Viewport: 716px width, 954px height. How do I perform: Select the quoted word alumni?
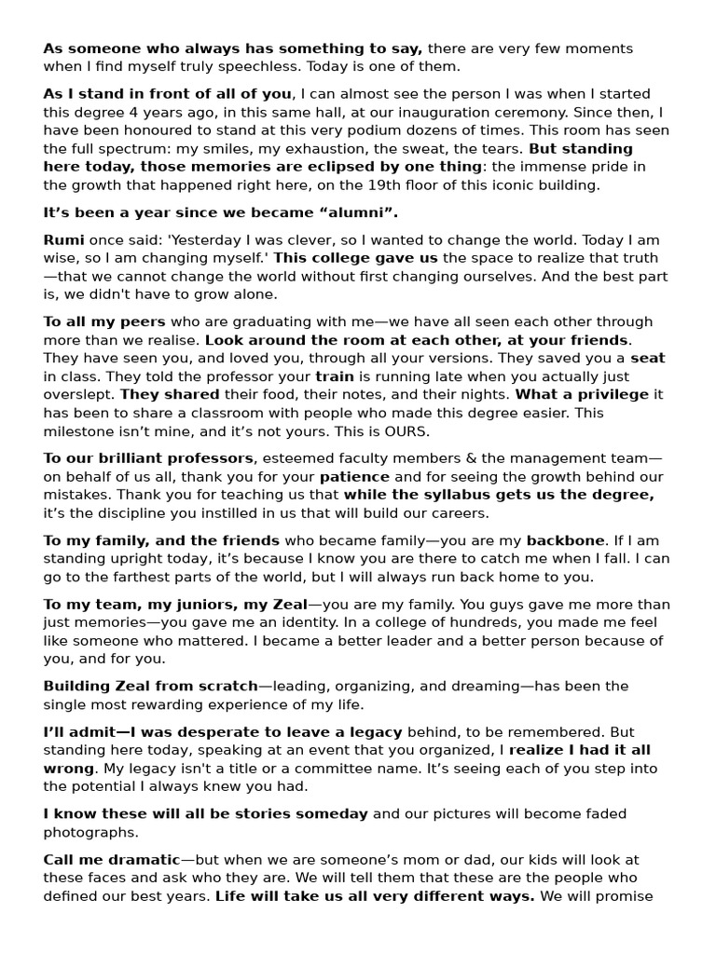tap(324, 212)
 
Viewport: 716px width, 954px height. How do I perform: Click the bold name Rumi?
tap(63, 239)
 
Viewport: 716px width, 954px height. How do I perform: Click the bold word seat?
tap(648, 358)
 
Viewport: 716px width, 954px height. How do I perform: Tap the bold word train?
tap(334, 376)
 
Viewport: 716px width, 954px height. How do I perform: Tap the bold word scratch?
tap(222, 686)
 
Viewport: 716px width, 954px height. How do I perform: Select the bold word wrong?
tap(69, 768)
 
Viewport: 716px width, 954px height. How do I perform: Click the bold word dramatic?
tap(140, 859)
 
